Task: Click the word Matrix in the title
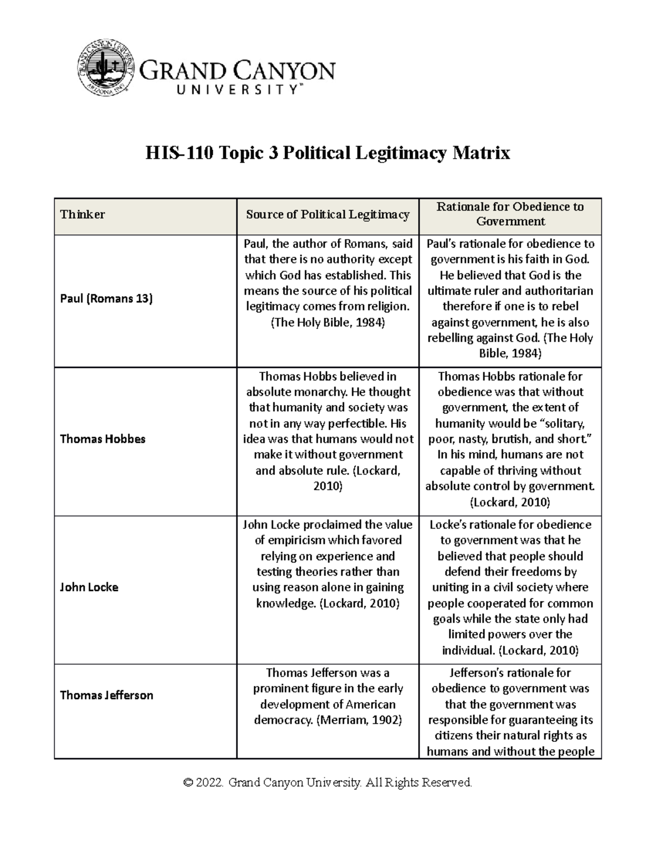(484, 153)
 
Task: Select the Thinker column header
(83, 214)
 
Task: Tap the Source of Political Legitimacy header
(327, 214)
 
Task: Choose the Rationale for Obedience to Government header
(510, 214)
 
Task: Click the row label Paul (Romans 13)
(107, 298)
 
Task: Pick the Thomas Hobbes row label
(103, 439)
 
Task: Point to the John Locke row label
(89, 587)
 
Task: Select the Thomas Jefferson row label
(107, 695)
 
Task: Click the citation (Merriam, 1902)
(359, 720)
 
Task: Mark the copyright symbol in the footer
(189, 783)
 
